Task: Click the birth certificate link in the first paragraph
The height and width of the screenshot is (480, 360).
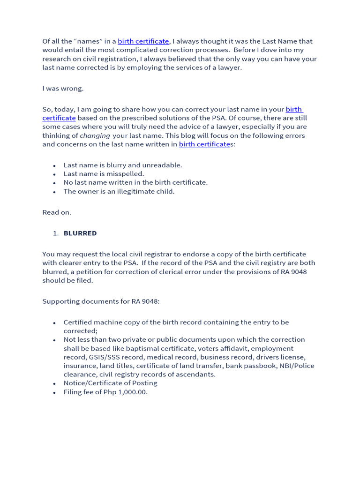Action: (x=143, y=41)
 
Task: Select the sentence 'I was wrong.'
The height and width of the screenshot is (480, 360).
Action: (x=63, y=88)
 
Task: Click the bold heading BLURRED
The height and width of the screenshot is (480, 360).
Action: (x=80, y=233)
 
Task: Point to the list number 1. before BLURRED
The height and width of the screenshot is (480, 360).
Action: (x=55, y=233)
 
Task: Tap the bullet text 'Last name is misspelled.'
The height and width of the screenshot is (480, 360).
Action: (x=104, y=174)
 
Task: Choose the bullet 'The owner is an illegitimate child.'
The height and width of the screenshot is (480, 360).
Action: (x=119, y=191)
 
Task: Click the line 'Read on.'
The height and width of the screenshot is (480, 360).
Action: (x=57, y=212)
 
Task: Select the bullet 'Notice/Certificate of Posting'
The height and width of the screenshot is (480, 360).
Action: (x=110, y=383)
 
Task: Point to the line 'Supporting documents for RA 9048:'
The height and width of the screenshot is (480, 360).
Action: (x=101, y=301)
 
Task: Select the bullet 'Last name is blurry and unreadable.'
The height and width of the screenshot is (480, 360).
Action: (x=123, y=165)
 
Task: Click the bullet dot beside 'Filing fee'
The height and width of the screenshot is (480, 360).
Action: (x=54, y=392)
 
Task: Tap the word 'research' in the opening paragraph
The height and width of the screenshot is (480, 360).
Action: (x=56, y=59)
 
